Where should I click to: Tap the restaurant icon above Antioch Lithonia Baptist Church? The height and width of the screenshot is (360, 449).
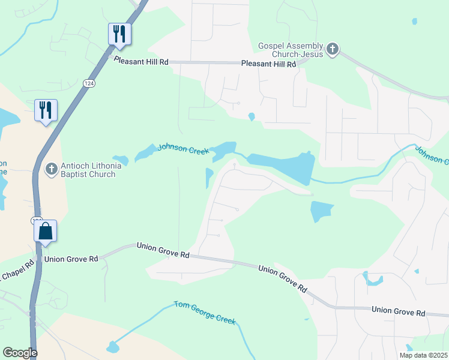[46, 110]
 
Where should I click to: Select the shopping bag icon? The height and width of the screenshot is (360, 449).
[46, 231]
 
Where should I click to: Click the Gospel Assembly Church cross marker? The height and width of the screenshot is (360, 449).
[333, 49]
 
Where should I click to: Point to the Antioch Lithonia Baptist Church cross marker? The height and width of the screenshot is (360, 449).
[52, 169]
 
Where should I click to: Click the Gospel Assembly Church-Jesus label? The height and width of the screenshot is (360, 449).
[291, 50]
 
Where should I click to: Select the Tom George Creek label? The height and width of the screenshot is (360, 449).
[205, 312]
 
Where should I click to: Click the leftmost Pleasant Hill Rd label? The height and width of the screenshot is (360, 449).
[141, 62]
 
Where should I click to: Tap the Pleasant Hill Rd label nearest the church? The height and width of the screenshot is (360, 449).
[269, 64]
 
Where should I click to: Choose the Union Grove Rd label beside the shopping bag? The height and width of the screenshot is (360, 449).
[71, 259]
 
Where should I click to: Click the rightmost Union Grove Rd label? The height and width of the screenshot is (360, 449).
[398, 312]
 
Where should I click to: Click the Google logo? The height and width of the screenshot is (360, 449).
[20, 353]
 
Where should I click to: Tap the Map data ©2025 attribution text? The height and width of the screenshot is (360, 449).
[423, 355]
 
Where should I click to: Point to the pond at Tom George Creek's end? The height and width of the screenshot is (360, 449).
[113, 347]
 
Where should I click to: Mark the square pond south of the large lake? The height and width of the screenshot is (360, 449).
[322, 212]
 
